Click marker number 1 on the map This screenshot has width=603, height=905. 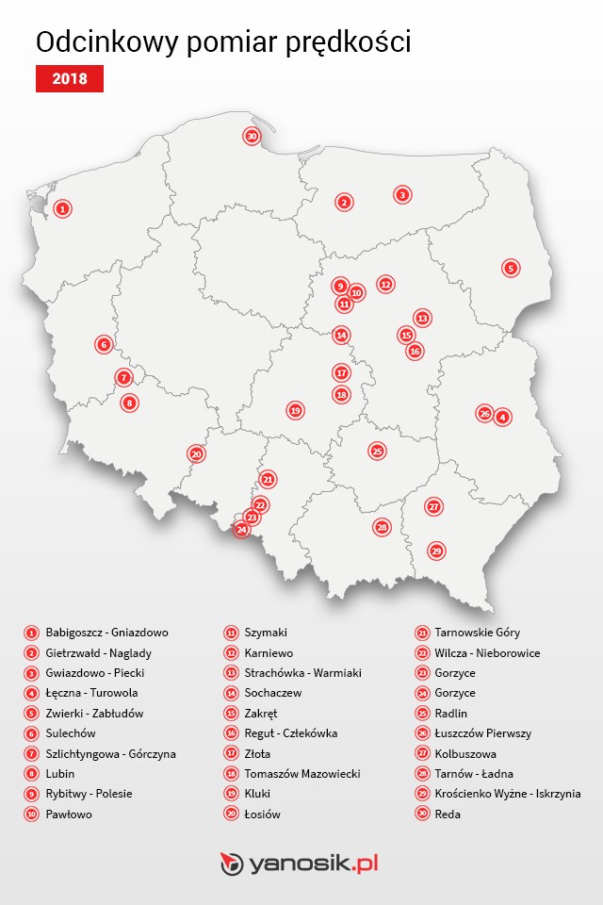pos(62,208)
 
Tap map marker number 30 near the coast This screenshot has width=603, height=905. pos(252,137)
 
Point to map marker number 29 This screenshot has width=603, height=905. pos(435,551)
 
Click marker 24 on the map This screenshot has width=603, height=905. pos(242,530)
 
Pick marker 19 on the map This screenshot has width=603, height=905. pos(295,411)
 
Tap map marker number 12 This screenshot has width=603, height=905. pos(385,284)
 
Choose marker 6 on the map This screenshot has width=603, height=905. pos(104,344)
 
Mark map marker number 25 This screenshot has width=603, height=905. pos(377,452)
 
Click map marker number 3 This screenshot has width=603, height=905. pos(402,195)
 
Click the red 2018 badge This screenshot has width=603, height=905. pos(69,79)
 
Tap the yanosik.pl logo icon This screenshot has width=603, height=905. pos(231,864)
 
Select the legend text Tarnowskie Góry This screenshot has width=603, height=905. pos(477,633)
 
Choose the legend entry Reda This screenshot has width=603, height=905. pos(448,814)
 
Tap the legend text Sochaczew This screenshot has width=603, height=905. pos(273,693)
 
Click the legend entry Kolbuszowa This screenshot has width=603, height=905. pos(465,753)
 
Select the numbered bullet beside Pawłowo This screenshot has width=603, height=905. pos(31,814)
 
